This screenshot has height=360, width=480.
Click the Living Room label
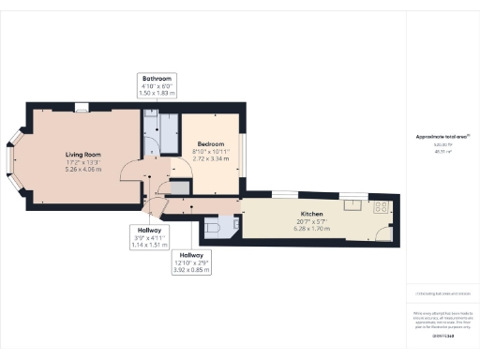point(82,154)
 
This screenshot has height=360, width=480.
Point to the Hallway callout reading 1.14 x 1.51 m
point(145,243)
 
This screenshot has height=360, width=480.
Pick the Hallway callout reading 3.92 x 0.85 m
point(191,270)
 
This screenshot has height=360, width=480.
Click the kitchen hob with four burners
point(382,206)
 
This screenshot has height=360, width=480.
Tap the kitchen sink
point(352,202)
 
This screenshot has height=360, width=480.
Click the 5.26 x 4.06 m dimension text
point(82,170)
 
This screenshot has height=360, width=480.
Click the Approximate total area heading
point(442,137)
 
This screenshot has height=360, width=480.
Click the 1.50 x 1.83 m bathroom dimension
point(156,94)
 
